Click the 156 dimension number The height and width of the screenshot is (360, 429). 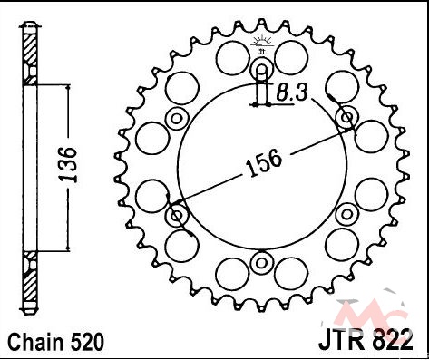click(264, 163)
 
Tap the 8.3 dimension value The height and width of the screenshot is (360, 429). click(292, 92)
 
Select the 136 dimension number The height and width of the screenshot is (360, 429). click(67, 165)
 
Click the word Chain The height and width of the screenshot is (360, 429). click(35, 343)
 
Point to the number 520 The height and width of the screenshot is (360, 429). click(86, 343)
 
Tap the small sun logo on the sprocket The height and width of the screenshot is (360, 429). click(262, 43)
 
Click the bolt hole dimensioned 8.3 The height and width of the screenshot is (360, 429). click(262, 69)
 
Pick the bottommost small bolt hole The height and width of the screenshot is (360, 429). click(262, 263)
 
